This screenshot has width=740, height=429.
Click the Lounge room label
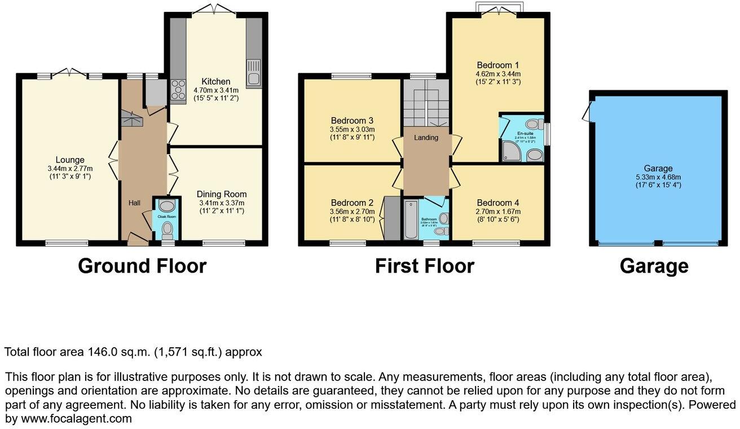(x=70, y=160)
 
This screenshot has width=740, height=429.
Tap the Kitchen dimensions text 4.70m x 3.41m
(x=216, y=90)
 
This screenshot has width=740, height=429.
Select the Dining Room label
(x=222, y=194)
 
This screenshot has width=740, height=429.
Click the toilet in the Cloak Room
(x=167, y=229)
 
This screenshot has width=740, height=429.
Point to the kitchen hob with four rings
(x=178, y=89)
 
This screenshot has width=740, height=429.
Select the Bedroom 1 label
(x=498, y=64)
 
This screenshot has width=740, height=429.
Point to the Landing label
(x=426, y=137)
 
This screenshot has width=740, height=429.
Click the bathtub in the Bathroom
(x=410, y=220)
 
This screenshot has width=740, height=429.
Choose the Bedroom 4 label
(x=497, y=203)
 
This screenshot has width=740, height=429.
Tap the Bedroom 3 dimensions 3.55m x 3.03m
(x=352, y=129)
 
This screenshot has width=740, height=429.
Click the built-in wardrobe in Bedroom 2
(x=390, y=218)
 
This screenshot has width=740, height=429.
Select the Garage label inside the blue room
(x=658, y=168)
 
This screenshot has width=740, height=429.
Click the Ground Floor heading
(x=142, y=266)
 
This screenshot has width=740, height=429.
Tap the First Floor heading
(x=424, y=266)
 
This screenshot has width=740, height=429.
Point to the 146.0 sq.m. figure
(x=118, y=352)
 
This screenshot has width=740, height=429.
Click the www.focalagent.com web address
(x=76, y=419)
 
